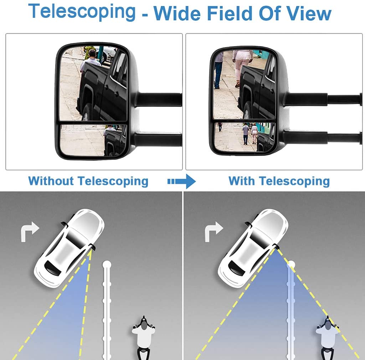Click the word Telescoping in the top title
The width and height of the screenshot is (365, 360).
pos(82,12)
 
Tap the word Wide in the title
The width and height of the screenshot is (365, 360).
pos(177,13)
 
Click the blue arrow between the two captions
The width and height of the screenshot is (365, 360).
pos(181,181)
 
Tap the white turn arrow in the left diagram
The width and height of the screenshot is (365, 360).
pos(30,232)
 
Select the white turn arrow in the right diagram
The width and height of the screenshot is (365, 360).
pos(214,232)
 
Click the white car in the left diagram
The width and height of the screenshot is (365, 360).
pos(69,248)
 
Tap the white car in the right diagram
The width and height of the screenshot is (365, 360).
pos(253,248)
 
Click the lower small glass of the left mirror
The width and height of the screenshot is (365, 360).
pos(93,140)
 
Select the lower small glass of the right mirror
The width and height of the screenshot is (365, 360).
pos(245,137)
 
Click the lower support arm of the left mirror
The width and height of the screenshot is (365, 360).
pos(158,139)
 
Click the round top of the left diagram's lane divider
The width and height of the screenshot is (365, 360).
pos(107,264)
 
